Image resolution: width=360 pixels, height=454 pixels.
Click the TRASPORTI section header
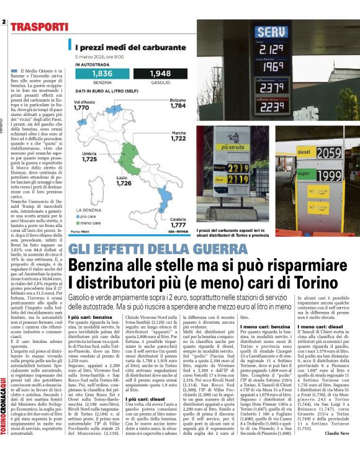pos(38,27)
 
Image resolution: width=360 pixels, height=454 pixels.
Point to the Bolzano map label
pos(178,102)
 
